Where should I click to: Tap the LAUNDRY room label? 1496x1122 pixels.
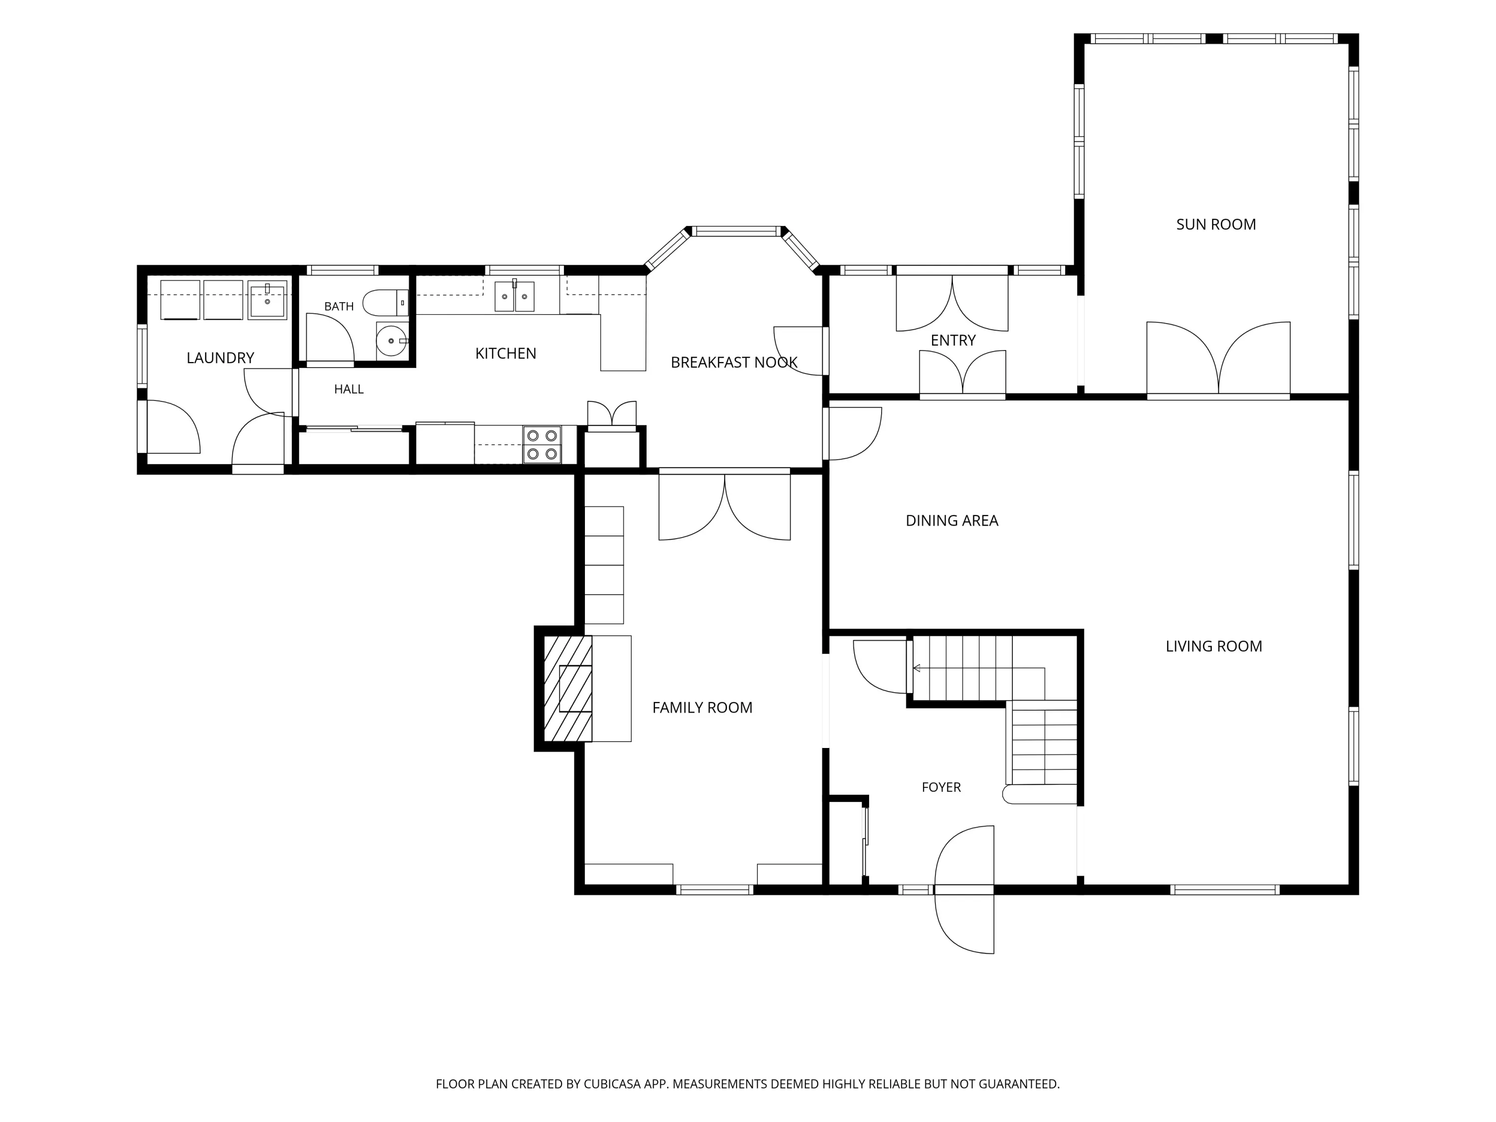click(x=220, y=358)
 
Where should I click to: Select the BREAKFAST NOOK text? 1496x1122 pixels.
click(x=734, y=363)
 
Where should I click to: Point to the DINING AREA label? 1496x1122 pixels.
click(x=951, y=521)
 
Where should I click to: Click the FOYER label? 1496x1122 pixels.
click(x=941, y=787)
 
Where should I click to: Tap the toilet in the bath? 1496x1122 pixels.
click(x=385, y=303)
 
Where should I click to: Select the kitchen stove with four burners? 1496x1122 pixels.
click(x=542, y=444)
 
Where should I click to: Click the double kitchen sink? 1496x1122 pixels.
click(x=514, y=296)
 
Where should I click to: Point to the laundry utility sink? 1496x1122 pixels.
click(x=267, y=300)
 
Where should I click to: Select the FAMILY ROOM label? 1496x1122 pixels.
click(x=702, y=708)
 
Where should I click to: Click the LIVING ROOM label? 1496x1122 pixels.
click(x=1213, y=647)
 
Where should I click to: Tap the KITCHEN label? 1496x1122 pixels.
click(x=505, y=354)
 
